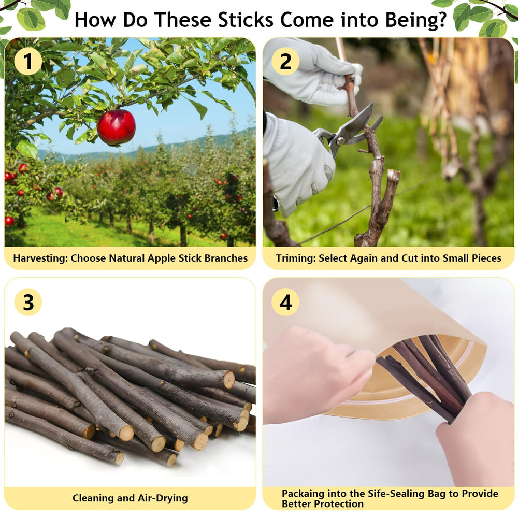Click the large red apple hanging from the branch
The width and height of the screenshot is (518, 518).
coord(116,127)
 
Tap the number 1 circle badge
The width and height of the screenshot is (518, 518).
coord(28,62)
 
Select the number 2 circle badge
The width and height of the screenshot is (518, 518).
coord(285,62)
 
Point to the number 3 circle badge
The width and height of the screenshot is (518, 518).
coord(28,302)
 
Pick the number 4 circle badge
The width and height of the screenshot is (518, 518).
coord(285,302)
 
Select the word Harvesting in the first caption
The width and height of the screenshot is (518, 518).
coord(40,258)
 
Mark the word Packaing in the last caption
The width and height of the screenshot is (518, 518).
coord(303,494)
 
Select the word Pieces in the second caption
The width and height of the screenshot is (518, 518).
coord(486,258)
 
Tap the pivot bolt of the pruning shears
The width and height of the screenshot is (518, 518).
coord(340,141)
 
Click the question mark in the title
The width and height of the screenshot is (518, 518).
coord(442,20)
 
